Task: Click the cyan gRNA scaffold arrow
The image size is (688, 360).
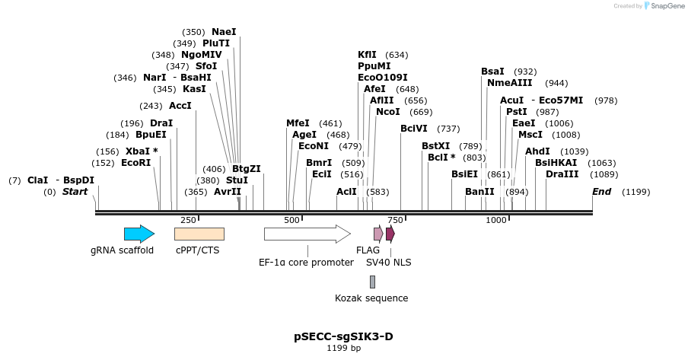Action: coord(139,234)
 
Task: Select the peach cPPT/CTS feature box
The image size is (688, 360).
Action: coord(199,234)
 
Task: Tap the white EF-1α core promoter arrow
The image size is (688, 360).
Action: coord(307,234)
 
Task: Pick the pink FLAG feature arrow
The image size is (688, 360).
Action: coord(378,234)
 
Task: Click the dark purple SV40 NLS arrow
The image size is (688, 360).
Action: coord(390,234)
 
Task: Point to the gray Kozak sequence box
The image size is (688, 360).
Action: coord(372,282)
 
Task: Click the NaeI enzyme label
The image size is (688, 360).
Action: coord(224,32)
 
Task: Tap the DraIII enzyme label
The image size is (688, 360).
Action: coord(562,174)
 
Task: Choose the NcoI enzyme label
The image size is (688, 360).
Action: coord(387,112)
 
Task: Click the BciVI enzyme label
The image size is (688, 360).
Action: coord(414,128)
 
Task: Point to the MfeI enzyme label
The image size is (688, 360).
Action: coord(298,123)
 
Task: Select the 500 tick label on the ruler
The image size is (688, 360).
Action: coord(291,220)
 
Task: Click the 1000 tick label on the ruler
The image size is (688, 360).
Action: coord(496,220)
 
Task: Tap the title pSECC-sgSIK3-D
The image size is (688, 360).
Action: coord(343,336)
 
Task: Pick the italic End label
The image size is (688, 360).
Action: coord(601,192)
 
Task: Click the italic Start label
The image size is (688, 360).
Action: coord(75,192)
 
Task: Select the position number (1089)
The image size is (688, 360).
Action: coord(604,174)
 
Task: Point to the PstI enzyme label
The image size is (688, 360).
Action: coord(516,112)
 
